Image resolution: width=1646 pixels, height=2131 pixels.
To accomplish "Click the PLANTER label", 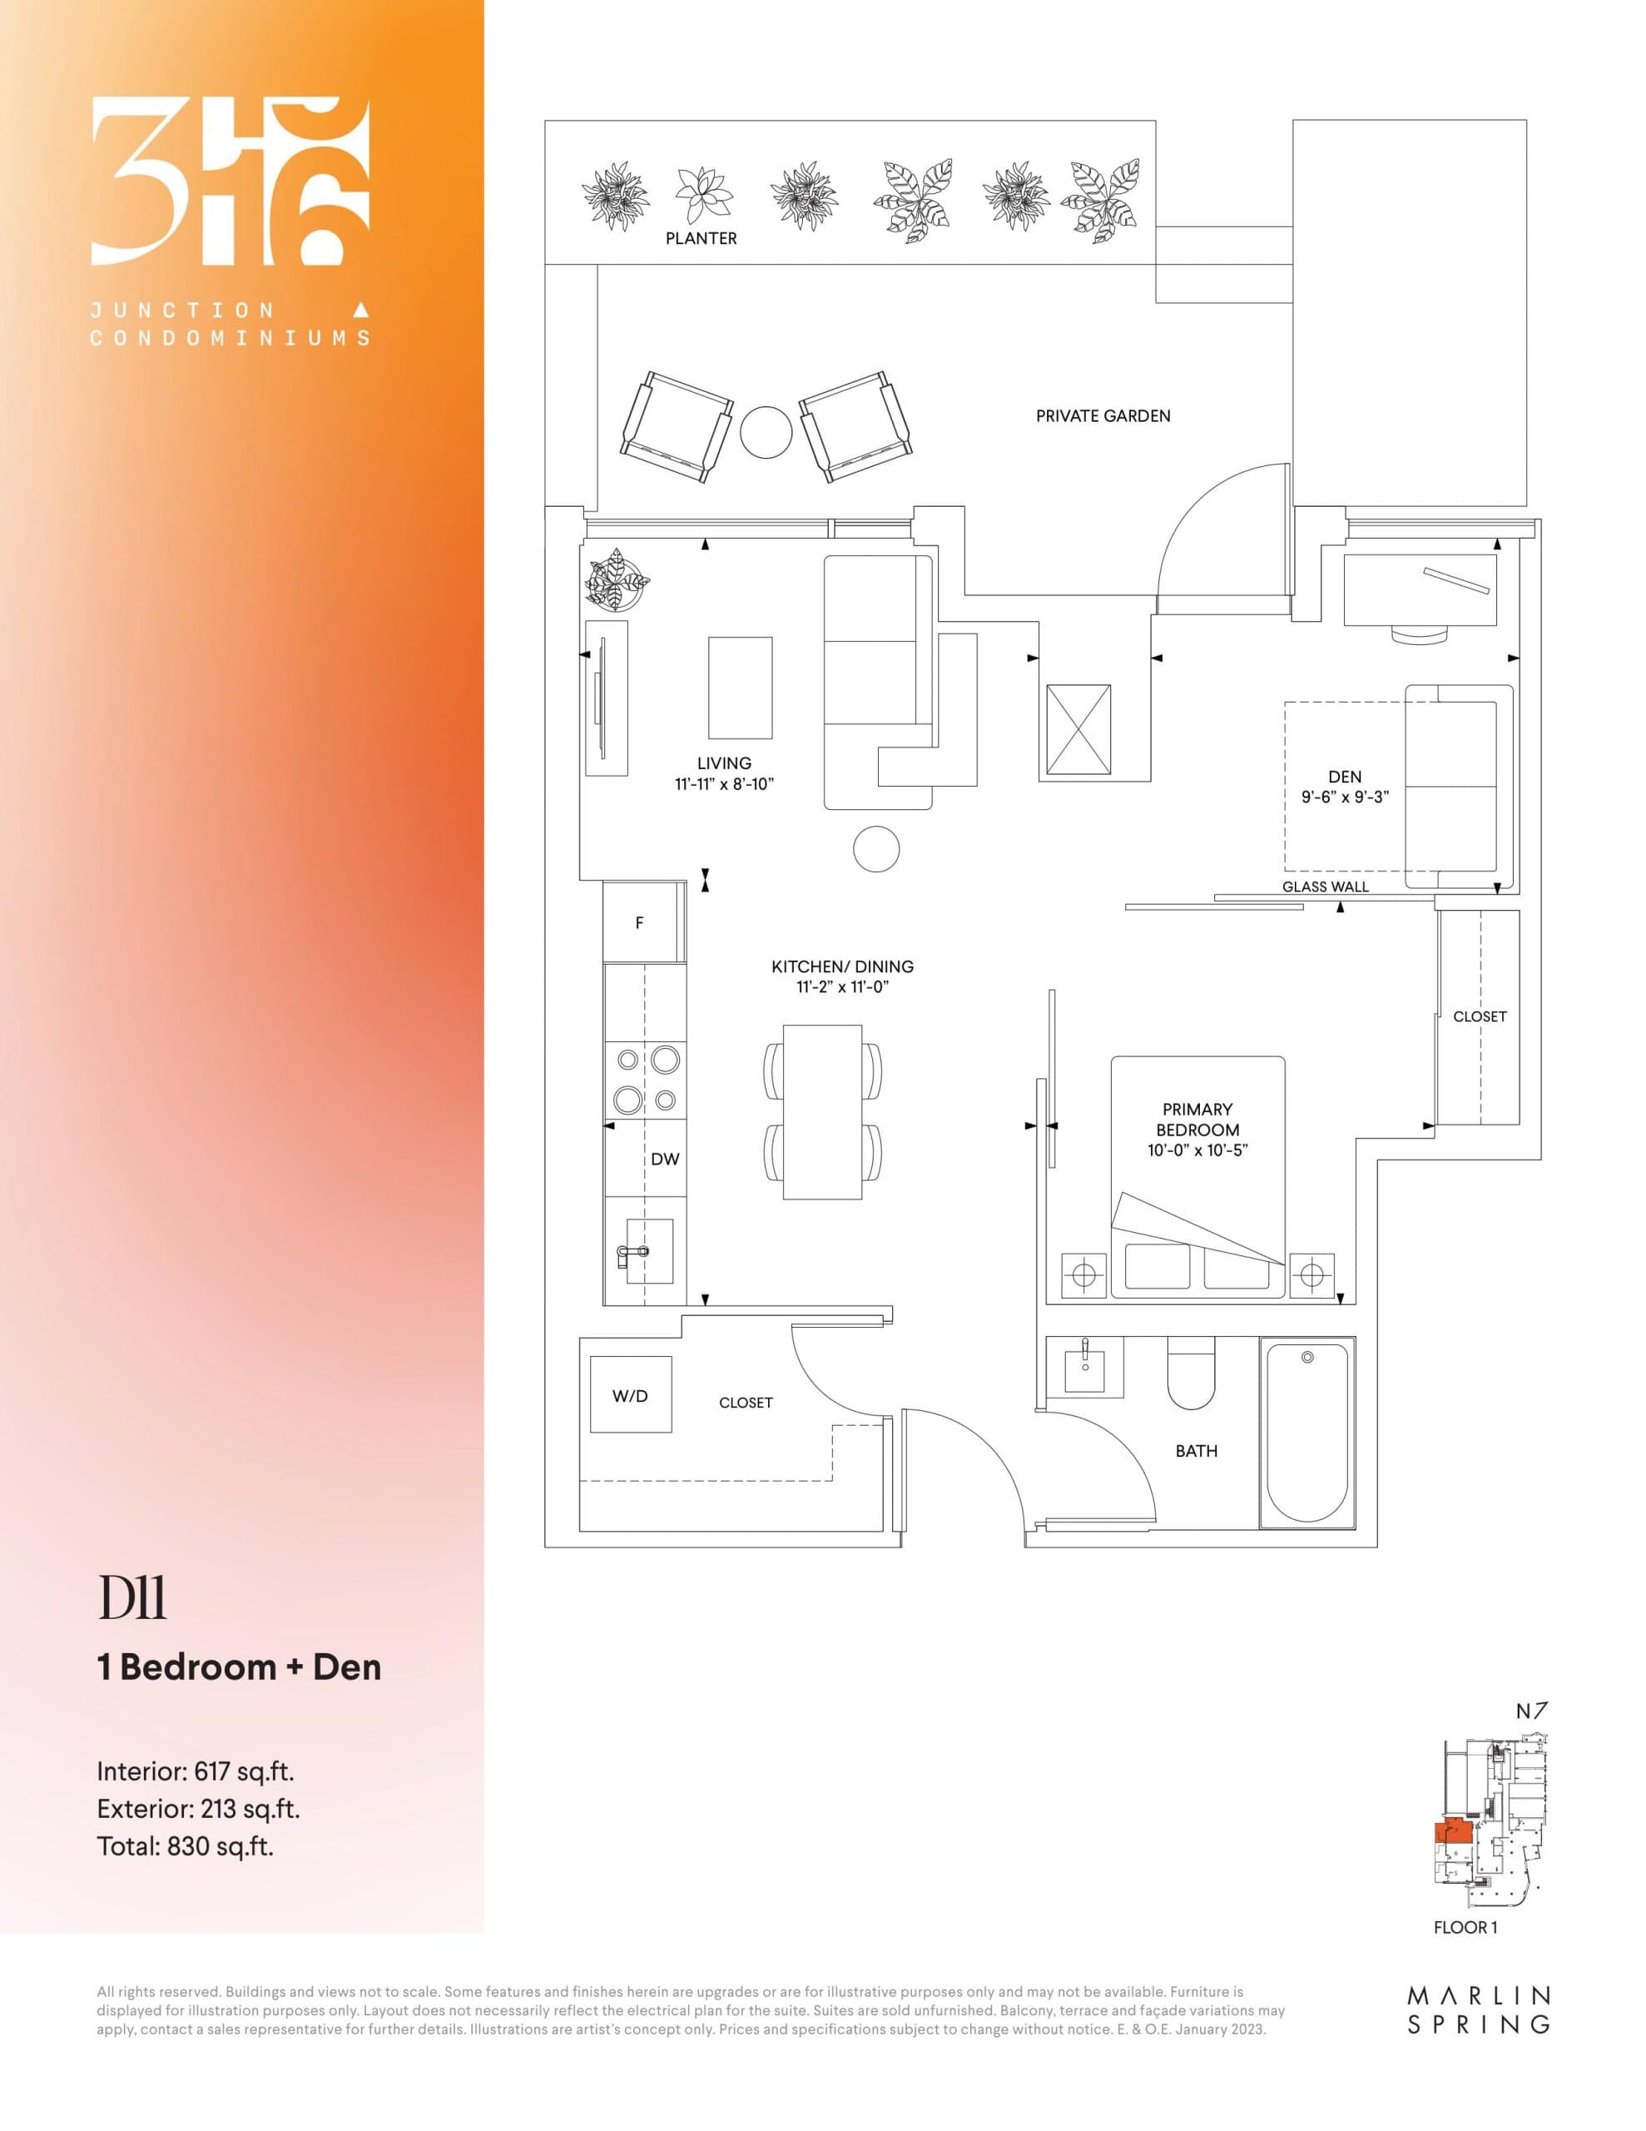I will [701, 238].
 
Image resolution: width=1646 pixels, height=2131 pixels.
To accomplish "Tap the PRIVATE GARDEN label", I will [1103, 415].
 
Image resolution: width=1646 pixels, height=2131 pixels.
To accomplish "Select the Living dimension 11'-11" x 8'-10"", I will [724, 783].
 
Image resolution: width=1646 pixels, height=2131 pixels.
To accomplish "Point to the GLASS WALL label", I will [1325, 886].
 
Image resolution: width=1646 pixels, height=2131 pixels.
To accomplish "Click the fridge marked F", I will [640, 922].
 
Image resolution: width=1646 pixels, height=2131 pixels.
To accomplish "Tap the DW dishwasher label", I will [664, 1160].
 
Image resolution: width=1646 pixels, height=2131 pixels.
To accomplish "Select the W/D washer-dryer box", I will [630, 1395].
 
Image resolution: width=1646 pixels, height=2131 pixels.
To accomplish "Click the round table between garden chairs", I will [767, 431].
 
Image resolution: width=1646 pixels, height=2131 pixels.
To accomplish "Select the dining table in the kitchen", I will [822, 1112].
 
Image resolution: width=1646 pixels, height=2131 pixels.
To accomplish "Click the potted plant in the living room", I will [617, 579].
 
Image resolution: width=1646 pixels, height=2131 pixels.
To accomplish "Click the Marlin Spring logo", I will [1478, 2012].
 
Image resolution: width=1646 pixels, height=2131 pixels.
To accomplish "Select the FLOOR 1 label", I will [1465, 1927].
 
